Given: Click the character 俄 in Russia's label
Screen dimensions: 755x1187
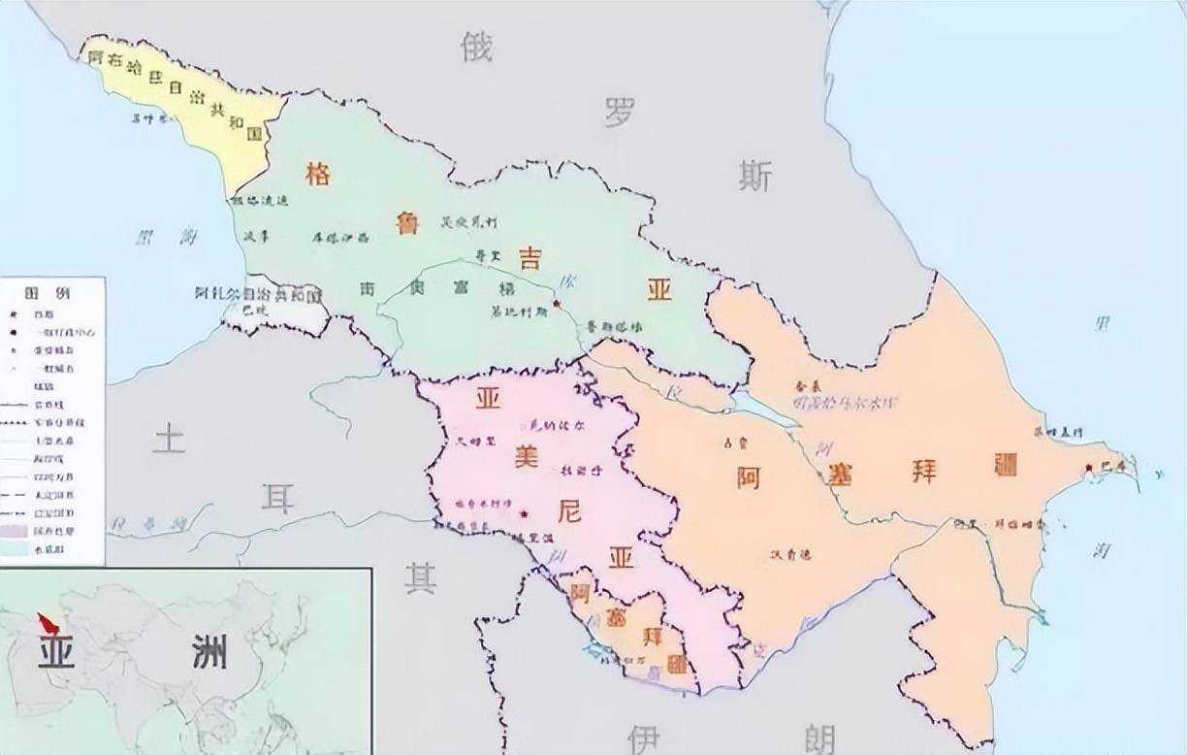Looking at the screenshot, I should point(476,45).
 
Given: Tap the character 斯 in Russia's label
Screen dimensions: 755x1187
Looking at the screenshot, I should point(754,176).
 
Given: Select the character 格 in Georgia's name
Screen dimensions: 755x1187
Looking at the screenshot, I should point(317,174).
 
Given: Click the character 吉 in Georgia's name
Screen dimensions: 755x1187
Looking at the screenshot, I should point(529,257).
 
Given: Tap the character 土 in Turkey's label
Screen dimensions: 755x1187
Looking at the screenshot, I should point(169,439).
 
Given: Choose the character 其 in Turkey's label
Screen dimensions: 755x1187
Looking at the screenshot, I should point(420,577).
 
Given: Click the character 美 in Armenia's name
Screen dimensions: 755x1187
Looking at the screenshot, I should point(526,456).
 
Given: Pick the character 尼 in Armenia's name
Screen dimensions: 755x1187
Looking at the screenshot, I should point(569,510).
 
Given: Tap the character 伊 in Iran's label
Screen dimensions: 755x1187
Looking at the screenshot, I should point(643,739).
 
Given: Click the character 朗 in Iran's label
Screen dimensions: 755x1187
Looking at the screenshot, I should point(818,739).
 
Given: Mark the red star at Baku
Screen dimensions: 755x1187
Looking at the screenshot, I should point(1089,468).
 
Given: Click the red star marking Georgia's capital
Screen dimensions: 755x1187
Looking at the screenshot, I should point(556,304).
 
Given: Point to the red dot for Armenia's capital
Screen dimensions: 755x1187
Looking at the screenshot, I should point(524,513).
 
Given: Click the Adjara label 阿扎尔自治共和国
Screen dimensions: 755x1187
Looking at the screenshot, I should point(256,293).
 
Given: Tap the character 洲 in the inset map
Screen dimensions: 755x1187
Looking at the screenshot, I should point(209,652).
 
